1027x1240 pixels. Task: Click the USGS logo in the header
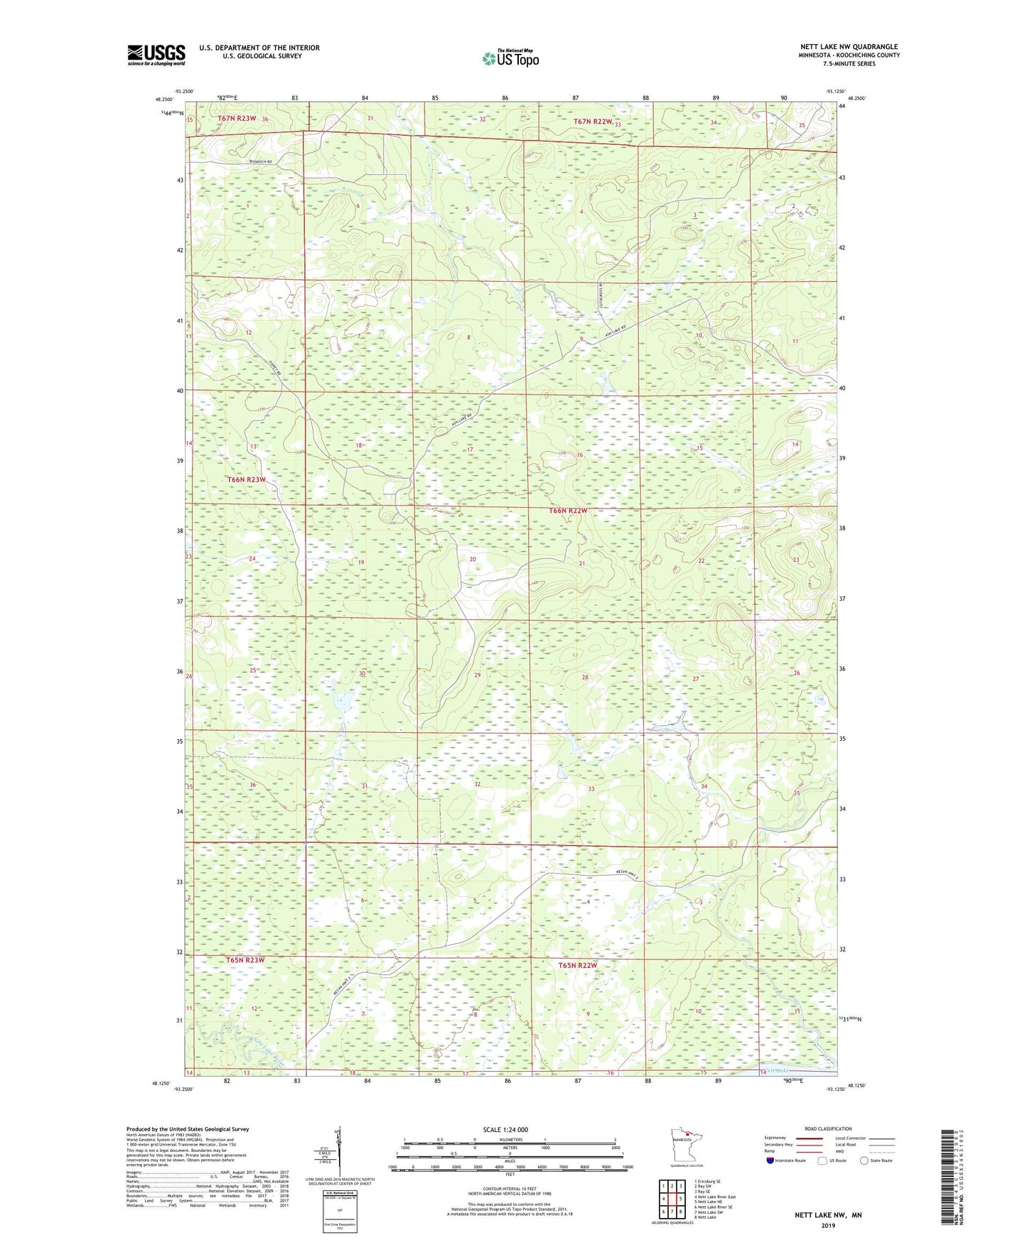pyautogui.click(x=156, y=55)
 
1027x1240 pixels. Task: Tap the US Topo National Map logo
pyautogui.click(x=510, y=58)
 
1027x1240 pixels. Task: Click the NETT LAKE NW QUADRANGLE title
pyautogui.click(x=849, y=47)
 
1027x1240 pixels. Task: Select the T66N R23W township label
pyautogui.click(x=247, y=479)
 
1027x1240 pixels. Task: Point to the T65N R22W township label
pyautogui.click(x=577, y=966)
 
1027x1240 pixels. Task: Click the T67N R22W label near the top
pyautogui.click(x=593, y=121)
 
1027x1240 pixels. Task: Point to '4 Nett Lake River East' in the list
pyautogui.click(x=716, y=1197)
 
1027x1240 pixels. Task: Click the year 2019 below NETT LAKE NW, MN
pyautogui.click(x=828, y=1225)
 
